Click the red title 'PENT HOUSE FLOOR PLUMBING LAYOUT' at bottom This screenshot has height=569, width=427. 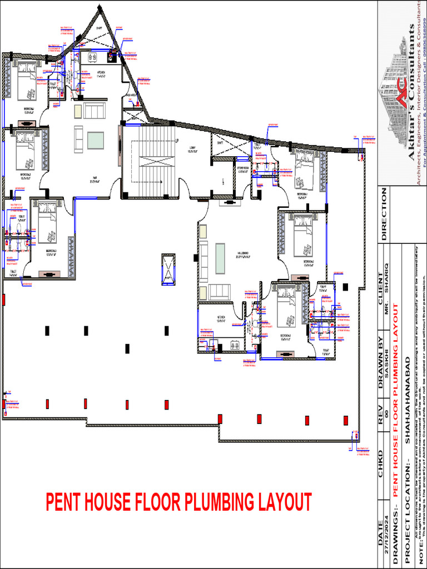coord(178,502)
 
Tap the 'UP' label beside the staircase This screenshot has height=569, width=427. coord(177,141)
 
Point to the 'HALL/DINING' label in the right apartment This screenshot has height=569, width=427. coord(242,256)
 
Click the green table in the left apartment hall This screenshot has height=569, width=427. coord(95,140)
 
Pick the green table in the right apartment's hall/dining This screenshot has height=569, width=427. coord(220,259)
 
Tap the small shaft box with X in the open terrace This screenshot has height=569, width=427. coord(168,269)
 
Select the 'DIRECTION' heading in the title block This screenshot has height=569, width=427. coord(384,214)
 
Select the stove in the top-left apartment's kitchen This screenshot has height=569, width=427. coord(92,57)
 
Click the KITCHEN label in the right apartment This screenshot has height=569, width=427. coord(221,318)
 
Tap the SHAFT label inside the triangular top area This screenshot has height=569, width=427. coord(100,28)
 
